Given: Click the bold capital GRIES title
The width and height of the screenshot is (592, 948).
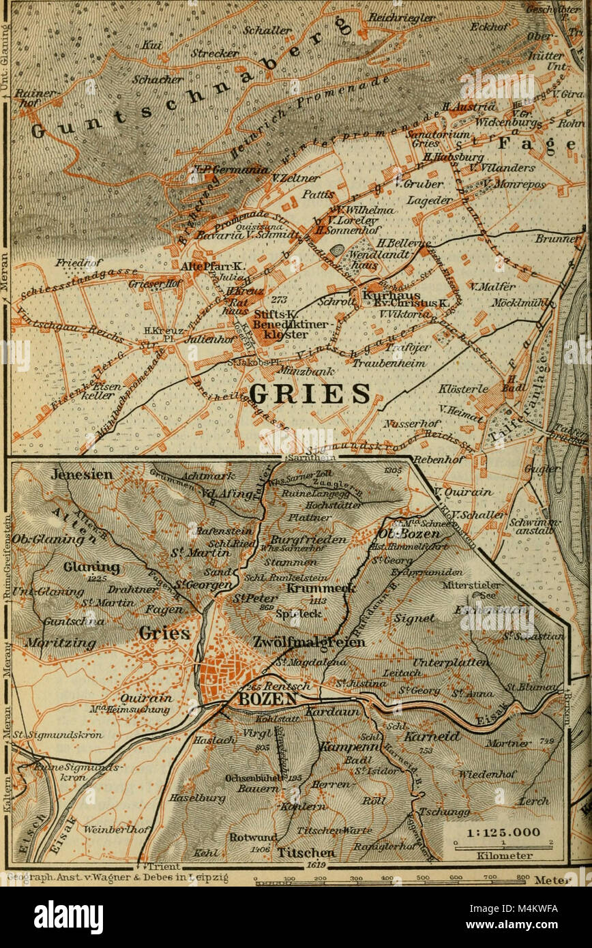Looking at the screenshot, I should [x=310, y=394].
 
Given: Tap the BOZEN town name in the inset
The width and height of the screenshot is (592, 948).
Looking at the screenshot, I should [x=258, y=699].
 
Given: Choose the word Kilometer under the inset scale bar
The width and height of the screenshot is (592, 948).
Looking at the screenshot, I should [x=496, y=855].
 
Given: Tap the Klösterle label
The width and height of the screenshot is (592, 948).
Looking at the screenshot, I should [x=464, y=388].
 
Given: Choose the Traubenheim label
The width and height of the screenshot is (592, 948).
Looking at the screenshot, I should [x=389, y=364].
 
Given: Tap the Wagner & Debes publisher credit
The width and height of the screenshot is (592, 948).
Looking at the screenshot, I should [x=116, y=878].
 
